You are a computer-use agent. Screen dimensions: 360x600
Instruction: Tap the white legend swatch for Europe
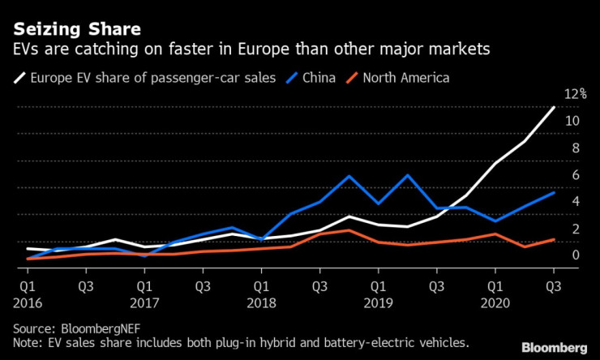coord(19,79)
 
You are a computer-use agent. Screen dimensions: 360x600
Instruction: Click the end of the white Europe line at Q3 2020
coord(554,107)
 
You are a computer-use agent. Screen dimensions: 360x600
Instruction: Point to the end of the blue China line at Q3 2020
coord(554,192)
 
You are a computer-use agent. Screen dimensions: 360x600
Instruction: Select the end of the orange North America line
coord(554,239)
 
